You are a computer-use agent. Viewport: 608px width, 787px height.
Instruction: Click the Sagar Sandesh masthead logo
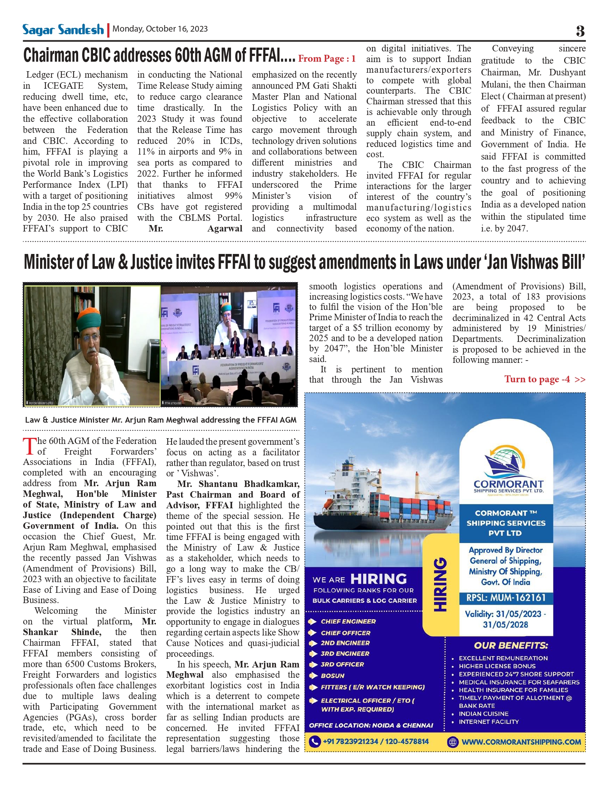pyautogui.click(x=63, y=30)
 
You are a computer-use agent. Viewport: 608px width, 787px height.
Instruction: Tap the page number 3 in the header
pyautogui.click(x=580, y=31)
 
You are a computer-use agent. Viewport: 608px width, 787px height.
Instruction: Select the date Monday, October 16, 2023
pyautogui.click(x=160, y=29)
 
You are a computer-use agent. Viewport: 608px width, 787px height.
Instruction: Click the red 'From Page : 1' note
pyautogui.click(x=327, y=58)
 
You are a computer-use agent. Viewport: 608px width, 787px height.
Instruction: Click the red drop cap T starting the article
pyautogui.click(x=29, y=446)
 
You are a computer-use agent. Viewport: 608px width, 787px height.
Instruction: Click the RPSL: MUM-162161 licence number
pyautogui.click(x=506, y=598)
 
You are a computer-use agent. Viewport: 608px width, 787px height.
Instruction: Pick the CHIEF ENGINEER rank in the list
pyautogui.click(x=348, y=621)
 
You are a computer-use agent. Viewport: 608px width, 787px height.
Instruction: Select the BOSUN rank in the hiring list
pyautogui.click(x=332, y=676)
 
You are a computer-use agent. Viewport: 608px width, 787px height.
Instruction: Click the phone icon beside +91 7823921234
pyautogui.click(x=314, y=742)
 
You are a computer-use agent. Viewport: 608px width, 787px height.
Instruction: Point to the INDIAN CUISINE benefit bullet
pyautogui.click(x=483, y=714)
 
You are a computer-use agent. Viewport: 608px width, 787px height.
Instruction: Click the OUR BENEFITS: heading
pyautogui.click(x=511, y=645)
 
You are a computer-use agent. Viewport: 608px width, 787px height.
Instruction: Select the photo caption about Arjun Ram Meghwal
pyautogui.click(x=160, y=420)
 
